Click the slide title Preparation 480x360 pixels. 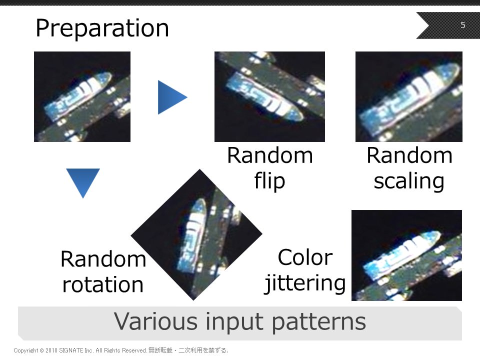[x=102, y=28]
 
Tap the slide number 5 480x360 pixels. [x=463, y=25]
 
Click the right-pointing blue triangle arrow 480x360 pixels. [x=172, y=97]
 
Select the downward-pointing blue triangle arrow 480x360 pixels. [x=83, y=183]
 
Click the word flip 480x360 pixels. [x=269, y=181]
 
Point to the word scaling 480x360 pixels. [x=409, y=181]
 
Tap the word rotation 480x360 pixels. [x=103, y=284]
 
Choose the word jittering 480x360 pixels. [x=305, y=283]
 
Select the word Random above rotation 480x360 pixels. [x=103, y=259]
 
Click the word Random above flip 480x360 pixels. [x=269, y=155]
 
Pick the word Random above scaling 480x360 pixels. [x=409, y=155]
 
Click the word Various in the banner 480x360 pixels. [x=156, y=321]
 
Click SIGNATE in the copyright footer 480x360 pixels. [x=71, y=350]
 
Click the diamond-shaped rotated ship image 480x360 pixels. [x=196, y=234]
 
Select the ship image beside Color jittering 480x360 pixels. [x=406, y=255]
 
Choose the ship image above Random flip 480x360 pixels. [x=269, y=96]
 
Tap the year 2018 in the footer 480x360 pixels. [x=51, y=350]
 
